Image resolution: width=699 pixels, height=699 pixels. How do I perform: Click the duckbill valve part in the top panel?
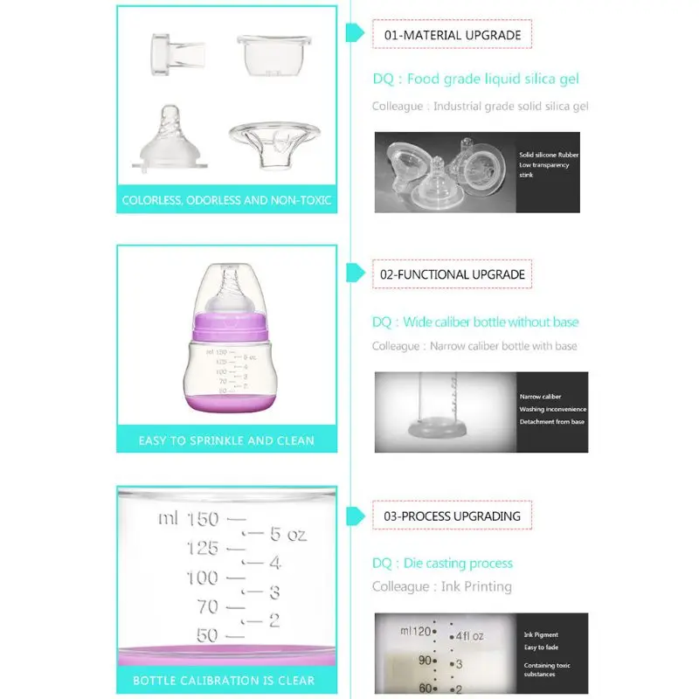pyautogui.click(x=177, y=54)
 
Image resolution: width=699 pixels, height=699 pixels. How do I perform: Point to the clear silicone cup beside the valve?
pyautogui.click(x=273, y=55)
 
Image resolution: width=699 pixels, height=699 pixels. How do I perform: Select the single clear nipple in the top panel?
pyautogui.click(x=170, y=138)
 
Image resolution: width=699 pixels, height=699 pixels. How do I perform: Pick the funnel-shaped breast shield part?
pyautogui.click(x=274, y=145)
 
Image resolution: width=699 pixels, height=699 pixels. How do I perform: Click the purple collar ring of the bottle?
pyautogui.click(x=230, y=327)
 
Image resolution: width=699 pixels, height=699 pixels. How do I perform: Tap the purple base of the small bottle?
pyautogui.click(x=230, y=403)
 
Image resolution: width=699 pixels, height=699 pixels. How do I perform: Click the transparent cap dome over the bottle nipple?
pyautogui.click(x=230, y=290)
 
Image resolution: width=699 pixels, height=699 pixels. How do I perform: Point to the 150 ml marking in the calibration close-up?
pyautogui.click(x=189, y=519)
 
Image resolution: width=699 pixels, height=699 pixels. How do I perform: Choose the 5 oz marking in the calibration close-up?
pyautogui.click(x=288, y=534)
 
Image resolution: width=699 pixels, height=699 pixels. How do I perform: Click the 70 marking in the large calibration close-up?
pyautogui.click(x=208, y=606)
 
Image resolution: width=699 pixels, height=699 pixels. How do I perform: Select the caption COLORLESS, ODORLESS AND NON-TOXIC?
pyautogui.click(x=226, y=200)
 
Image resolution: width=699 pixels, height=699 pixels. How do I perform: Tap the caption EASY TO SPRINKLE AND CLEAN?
pyautogui.click(x=226, y=440)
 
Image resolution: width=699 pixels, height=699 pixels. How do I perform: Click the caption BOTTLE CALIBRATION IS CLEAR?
pyautogui.click(x=224, y=681)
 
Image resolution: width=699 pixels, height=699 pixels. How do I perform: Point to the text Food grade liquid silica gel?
pyautogui.click(x=493, y=79)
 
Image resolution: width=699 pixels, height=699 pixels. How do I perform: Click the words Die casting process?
pyautogui.click(x=458, y=564)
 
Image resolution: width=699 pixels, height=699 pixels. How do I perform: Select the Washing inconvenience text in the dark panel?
pyautogui.click(x=553, y=409)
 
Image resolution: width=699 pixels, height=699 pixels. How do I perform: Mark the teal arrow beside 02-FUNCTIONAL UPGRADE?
pyautogui.click(x=356, y=273)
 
